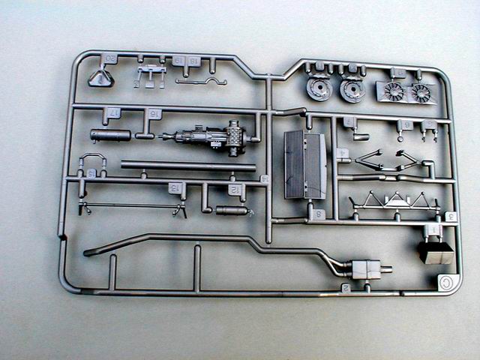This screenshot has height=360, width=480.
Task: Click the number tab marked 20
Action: (x=110, y=58)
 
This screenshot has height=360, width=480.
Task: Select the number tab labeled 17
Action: (x=114, y=113)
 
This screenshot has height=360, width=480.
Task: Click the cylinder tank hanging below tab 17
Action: (x=110, y=135)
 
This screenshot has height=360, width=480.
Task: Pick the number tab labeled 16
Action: (x=154, y=114)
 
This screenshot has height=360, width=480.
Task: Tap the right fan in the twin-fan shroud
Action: (x=421, y=94)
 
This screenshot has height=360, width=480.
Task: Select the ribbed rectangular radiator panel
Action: (x=305, y=165)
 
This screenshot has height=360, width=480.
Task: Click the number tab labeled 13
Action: (x=175, y=187)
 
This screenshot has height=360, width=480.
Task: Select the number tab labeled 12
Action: (x=235, y=190)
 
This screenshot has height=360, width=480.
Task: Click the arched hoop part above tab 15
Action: (x=91, y=160)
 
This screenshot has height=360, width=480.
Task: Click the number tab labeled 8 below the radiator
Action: (x=319, y=214)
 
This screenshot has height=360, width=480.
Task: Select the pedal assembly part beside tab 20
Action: (x=150, y=75)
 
